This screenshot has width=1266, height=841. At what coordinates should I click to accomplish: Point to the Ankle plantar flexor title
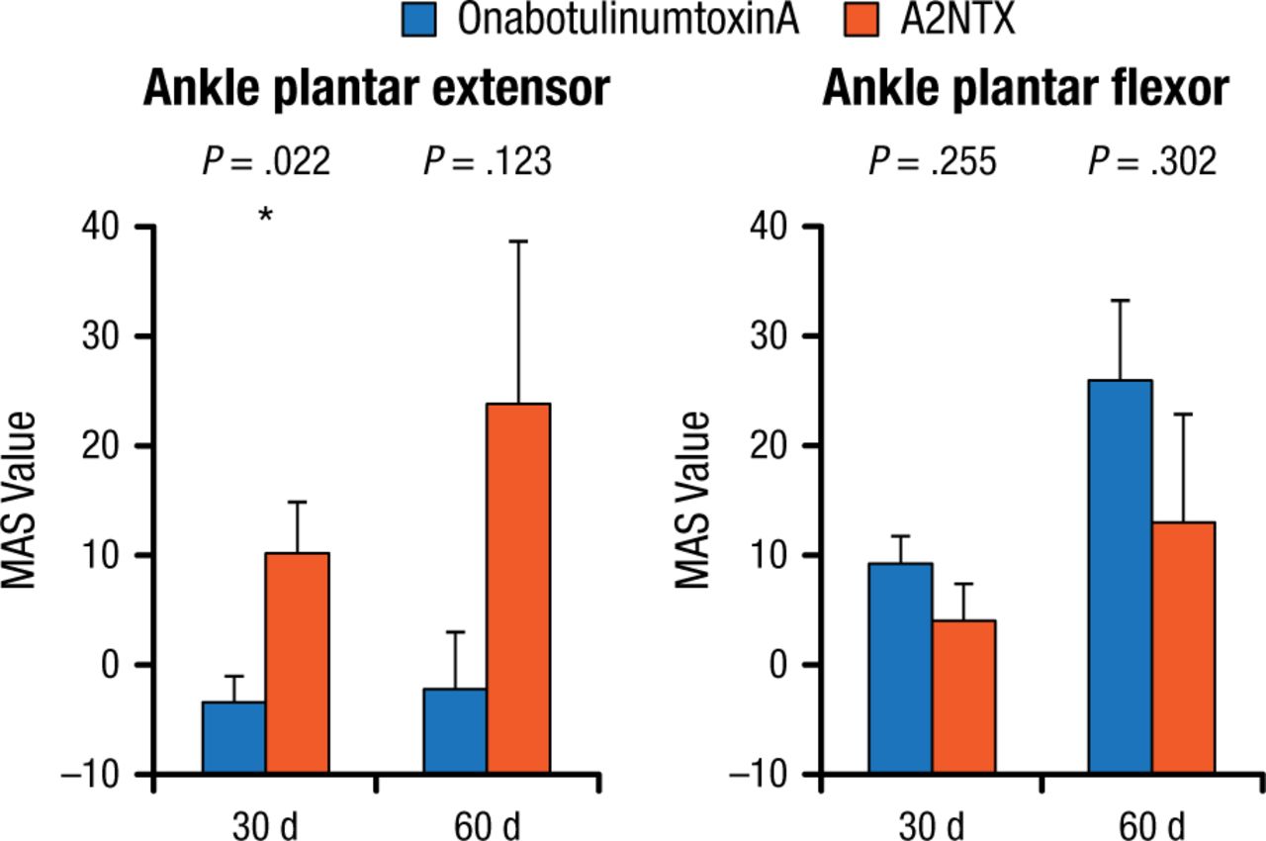pyautogui.click(x=1026, y=91)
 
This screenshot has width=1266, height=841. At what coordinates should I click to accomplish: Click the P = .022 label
pyautogui.click(x=266, y=161)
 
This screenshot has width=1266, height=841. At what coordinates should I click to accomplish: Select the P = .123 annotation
pyautogui.click(x=487, y=161)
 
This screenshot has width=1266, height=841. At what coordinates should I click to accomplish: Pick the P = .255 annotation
pyautogui.click(x=933, y=161)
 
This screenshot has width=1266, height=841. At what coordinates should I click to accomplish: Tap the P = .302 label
pyautogui.click(x=1152, y=161)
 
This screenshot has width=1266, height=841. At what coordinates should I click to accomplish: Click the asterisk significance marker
pyautogui.click(x=265, y=215)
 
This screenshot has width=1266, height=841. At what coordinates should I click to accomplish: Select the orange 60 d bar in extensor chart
pyautogui.click(x=518, y=588)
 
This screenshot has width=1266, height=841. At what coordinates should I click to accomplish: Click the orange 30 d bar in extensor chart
pyautogui.click(x=297, y=663)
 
